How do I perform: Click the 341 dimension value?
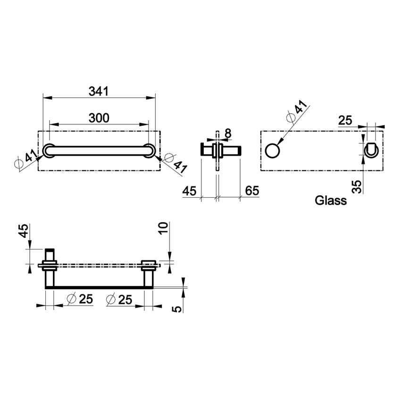[x=99, y=92]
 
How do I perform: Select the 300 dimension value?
[x=99, y=118]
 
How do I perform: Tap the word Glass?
[x=331, y=201]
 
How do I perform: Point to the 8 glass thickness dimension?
[x=227, y=134]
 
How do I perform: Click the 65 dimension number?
[x=252, y=191]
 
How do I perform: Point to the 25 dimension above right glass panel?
[x=345, y=120]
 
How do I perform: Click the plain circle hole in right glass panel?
[x=272, y=150]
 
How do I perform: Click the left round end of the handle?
[x=49, y=150]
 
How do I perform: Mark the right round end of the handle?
[x=149, y=150]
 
